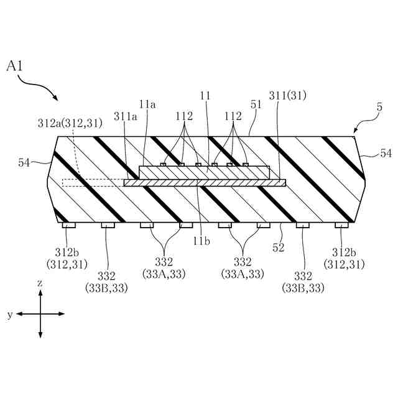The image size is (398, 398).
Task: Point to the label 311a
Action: tap(126, 116)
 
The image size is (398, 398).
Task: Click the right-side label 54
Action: tap(386, 152)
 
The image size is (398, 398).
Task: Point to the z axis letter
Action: tap(40, 283)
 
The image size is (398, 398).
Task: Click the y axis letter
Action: tap(9, 315)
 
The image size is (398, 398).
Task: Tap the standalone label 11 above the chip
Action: tap(205, 96)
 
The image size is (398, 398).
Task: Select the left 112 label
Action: tap(183, 116)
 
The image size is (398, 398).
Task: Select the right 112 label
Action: tap(233, 116)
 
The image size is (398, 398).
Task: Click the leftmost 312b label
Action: tap(64, 252)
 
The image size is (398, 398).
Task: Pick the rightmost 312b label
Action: tap(343, 252)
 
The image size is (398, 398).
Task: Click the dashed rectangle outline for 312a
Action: tap(93, 183)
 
